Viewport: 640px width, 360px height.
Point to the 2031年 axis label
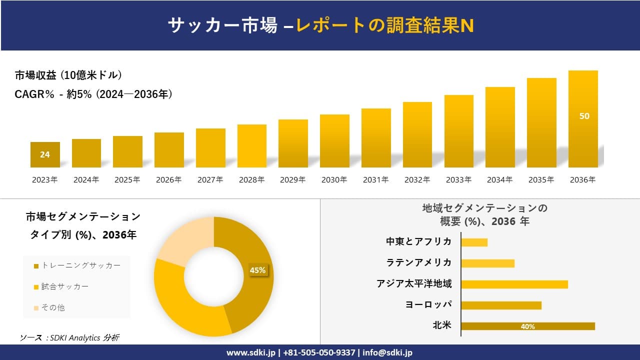375,180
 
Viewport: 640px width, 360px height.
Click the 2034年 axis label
499,180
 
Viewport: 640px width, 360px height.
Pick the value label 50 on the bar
584,116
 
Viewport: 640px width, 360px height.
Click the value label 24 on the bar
45,154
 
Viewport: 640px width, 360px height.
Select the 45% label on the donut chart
257,270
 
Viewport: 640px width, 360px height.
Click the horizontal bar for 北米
527,326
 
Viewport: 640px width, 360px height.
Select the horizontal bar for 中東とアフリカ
474,242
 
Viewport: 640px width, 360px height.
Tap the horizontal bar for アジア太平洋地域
514,284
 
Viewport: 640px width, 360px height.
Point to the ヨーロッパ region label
428,305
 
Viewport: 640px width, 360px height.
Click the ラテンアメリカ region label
418,262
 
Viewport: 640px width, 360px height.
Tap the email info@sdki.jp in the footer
387,352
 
